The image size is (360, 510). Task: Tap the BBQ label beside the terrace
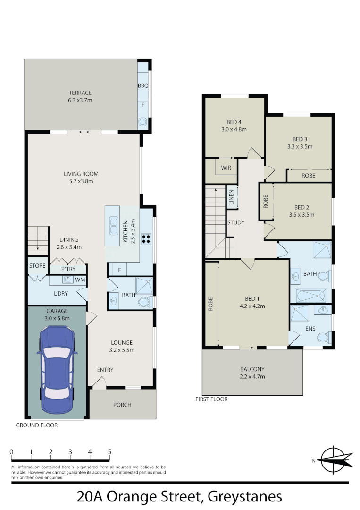(x=143, y=86)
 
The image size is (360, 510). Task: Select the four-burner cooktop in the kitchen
(x=146, y=239)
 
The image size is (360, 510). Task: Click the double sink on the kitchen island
(x=114, y=225)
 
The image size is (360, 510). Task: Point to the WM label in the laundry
(x=80, y=280)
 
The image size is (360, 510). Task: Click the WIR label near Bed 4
(x=226, y=167)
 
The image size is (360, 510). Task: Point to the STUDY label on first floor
(x=235, y=222)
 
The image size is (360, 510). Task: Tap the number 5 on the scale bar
(x=109, y=452)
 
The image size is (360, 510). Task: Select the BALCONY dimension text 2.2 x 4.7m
(x=252, y=377)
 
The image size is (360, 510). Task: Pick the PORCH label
(x=122, y=405)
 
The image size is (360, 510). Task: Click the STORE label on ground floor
(x=37, y=266)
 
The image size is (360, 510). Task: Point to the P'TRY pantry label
(x=69, y=269)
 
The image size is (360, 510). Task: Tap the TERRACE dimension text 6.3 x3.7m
(x=80, y=100)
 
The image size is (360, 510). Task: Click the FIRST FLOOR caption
(x=211, y=399)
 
